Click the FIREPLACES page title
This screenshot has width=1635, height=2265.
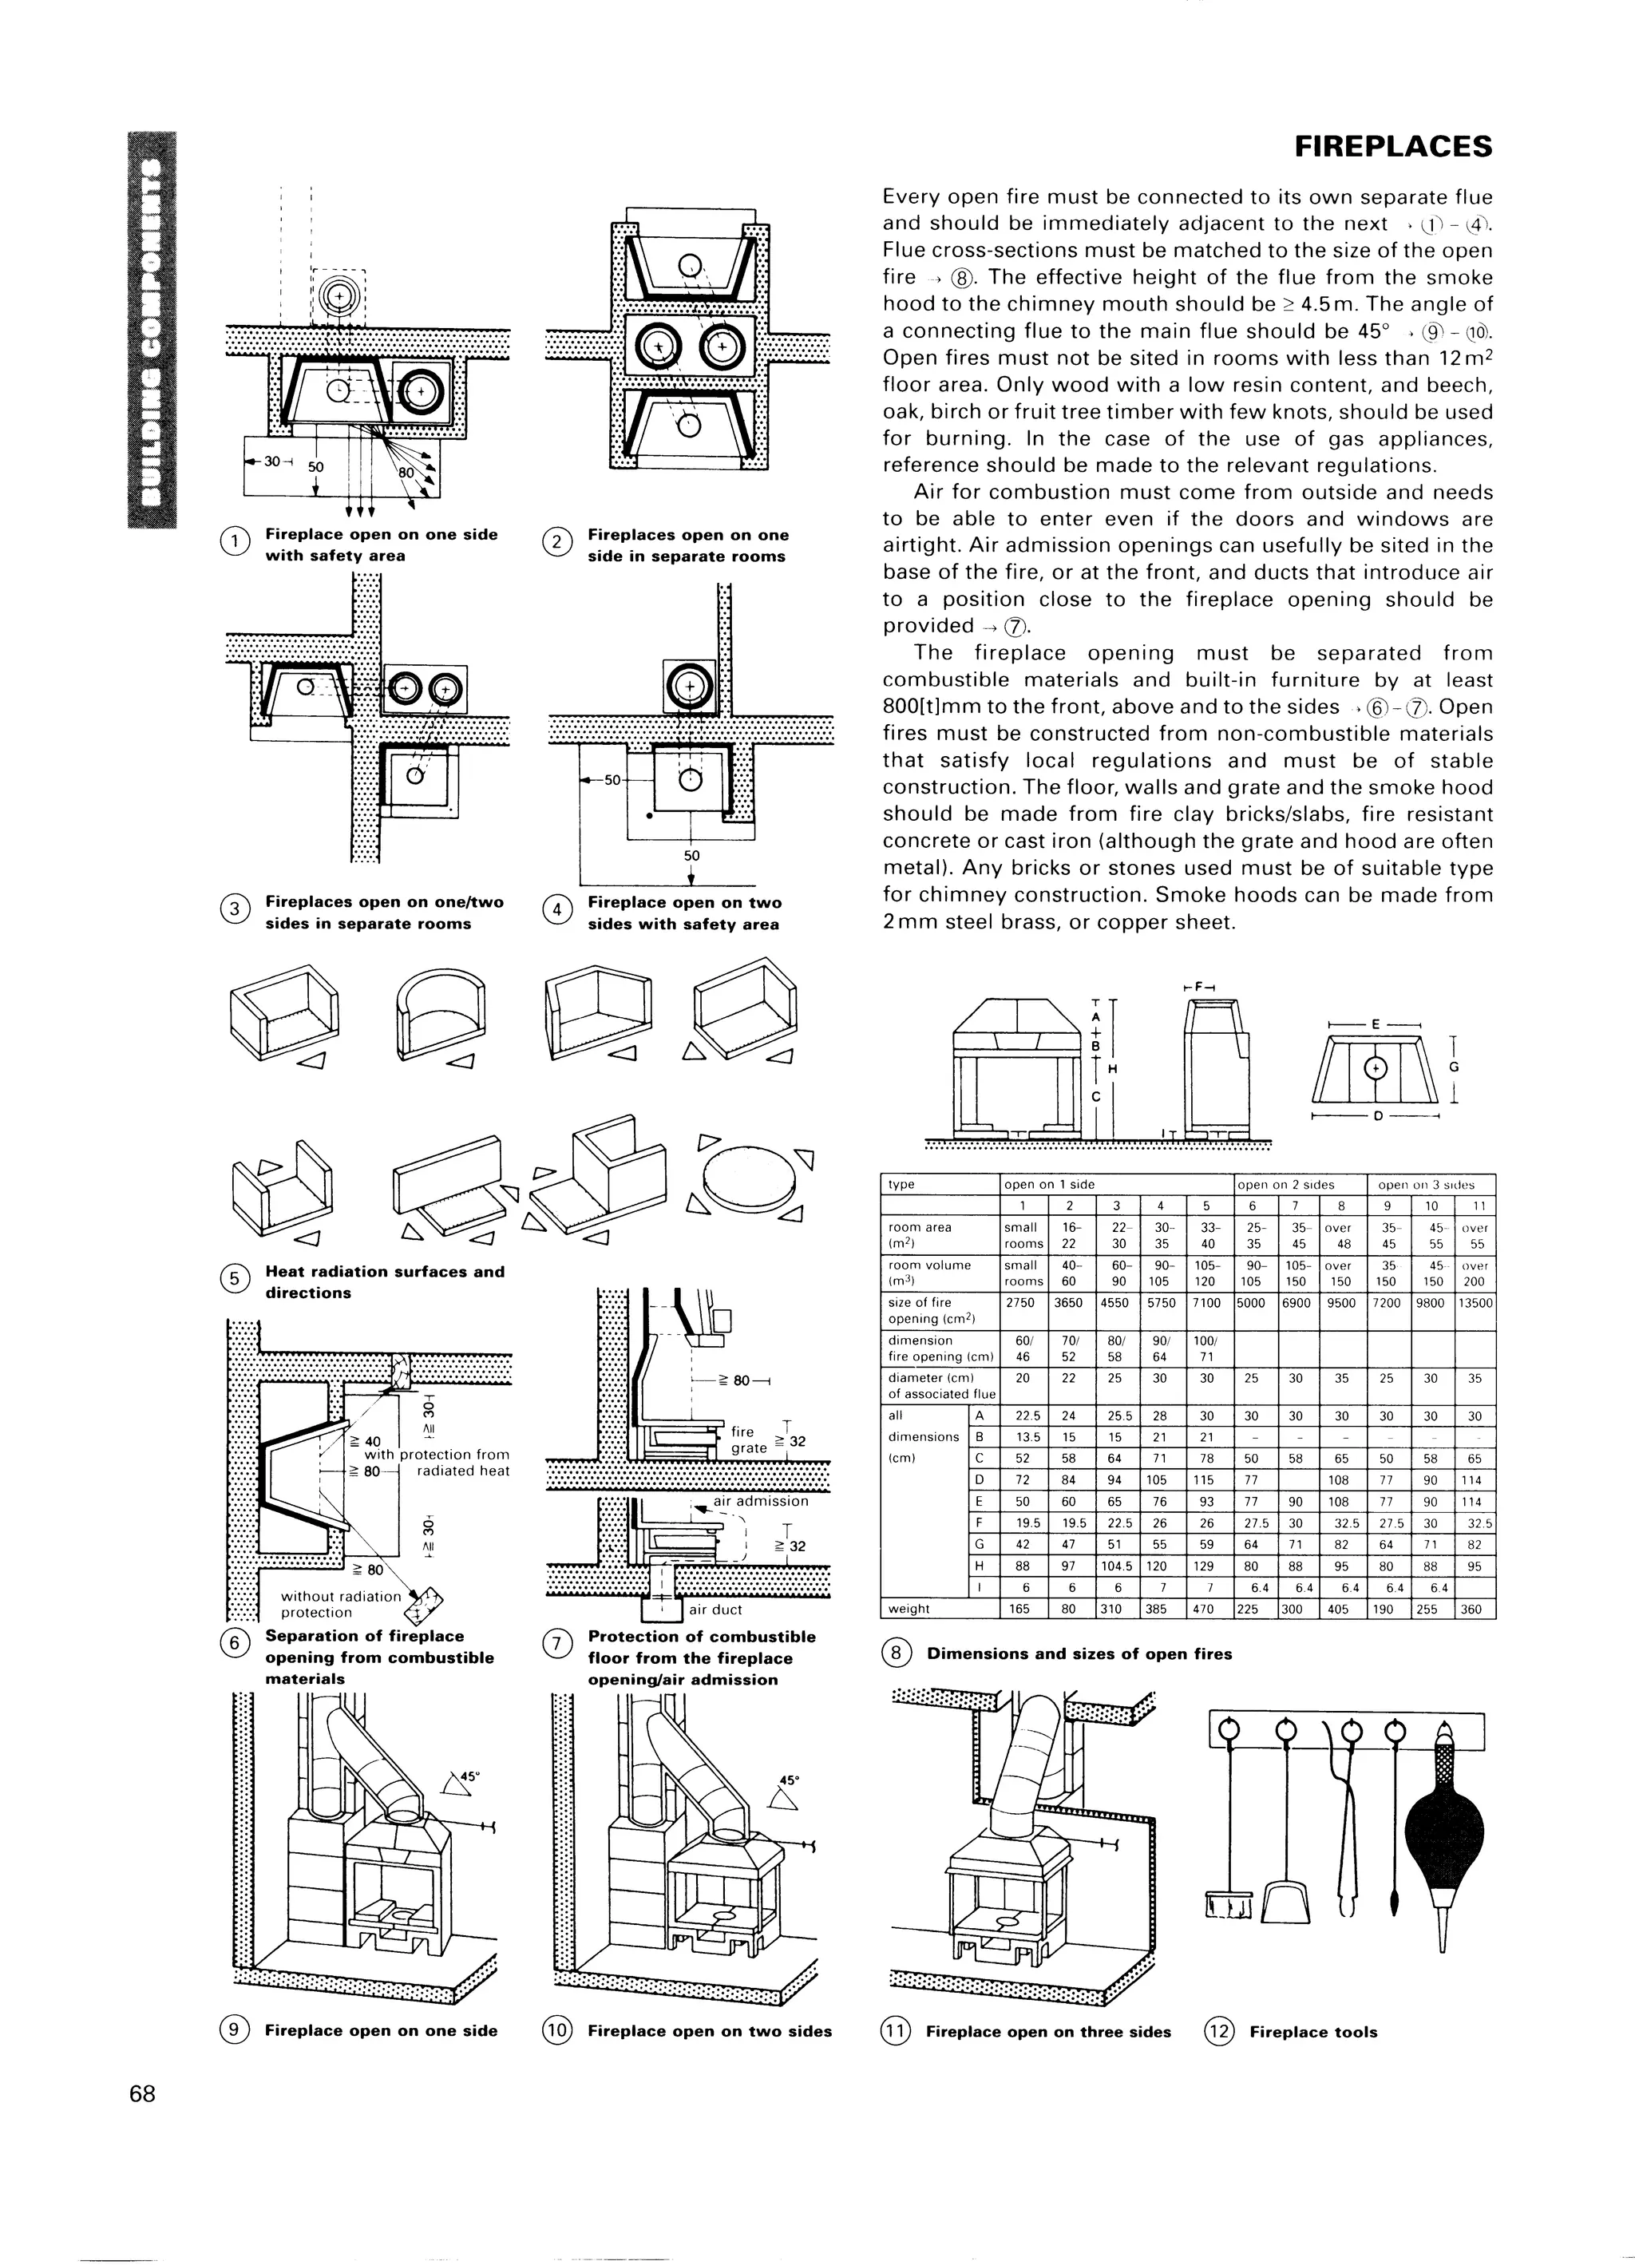(1392, 148)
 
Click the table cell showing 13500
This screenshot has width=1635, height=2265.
(1475, 1302)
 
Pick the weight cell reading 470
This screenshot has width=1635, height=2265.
(1206, 1609)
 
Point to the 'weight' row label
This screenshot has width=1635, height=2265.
(909, 1609)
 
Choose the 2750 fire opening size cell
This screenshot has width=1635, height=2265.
(1023, 1302)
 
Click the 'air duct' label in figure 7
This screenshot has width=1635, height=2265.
(716, 1610)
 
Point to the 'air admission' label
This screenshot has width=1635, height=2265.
(760, 1500)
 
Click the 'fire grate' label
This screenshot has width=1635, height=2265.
(742, 1439)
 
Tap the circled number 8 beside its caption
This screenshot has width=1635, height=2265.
(896, 1653)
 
